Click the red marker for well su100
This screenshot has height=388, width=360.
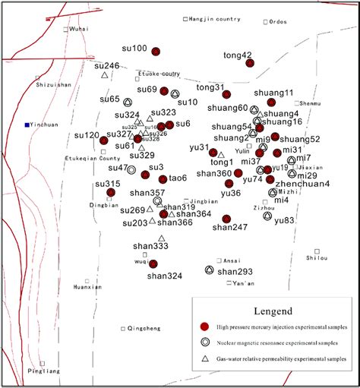[156, 52]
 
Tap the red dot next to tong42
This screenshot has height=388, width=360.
[249, 63]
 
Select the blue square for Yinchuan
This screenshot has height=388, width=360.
[27, 124]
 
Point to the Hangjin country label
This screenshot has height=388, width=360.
[211, 18]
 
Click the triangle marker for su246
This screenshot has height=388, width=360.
[104, 74]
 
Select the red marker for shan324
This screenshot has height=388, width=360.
[153, 263]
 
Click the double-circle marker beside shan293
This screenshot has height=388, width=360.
[209, 270]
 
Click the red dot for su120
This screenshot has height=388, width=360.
[104, 140]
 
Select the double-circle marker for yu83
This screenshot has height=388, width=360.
[267, 216]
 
